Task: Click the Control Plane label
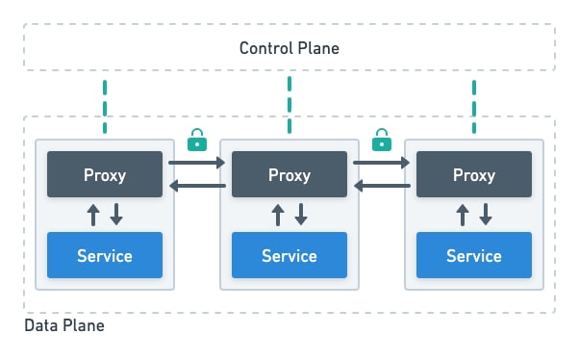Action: pos(289,48)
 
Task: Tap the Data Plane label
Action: pos(63,326)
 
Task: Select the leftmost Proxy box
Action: pos(105,174)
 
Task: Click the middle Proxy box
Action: pos(289,174)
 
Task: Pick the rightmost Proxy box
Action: pos(474,174)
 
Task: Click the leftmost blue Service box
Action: pos(105,255)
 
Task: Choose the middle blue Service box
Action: pos(289,255)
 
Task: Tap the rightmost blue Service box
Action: pos(474,255)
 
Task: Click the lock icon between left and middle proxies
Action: pos(197,140)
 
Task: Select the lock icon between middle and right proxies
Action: pos(382,140)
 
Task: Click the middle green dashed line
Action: pos(289,106)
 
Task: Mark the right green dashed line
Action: pos(473,106)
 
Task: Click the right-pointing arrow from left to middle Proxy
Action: pos(197,164)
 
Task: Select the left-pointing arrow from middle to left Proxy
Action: pos(197,186)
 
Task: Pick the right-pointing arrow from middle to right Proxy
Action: pos(382,164)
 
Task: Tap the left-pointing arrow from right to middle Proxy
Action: pos(382,186)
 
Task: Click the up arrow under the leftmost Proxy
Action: pos(93,215)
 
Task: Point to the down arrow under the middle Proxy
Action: pos(301,215)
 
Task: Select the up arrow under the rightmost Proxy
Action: pos(463,215)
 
